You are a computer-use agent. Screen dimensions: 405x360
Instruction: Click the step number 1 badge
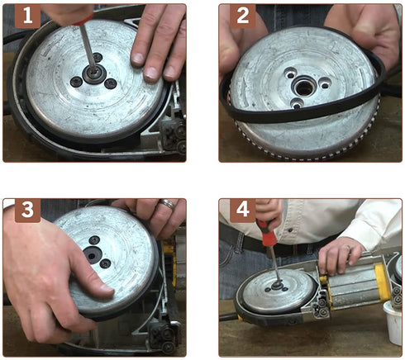point(27,16)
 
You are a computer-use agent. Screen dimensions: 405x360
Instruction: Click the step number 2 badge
point(243,16)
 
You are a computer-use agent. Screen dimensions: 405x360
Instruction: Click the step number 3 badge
point(27,211)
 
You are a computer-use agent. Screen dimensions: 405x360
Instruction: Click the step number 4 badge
point(243,211)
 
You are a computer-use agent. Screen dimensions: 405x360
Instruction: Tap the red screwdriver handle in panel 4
point(265,232)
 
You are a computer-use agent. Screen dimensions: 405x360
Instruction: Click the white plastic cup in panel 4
point(393,322)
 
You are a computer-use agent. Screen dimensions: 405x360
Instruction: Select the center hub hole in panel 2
point(304,88)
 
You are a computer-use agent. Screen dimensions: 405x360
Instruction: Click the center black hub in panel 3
point(92,254)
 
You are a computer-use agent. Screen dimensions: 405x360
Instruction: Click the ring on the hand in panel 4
point(349,249)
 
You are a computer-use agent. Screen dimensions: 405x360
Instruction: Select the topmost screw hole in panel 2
point(289,74)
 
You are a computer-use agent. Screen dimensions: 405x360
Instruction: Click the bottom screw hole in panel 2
point(297,105)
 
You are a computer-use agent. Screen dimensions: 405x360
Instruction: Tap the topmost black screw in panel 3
point(94,240)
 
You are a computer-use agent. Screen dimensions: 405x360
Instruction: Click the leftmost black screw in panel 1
point(76,82)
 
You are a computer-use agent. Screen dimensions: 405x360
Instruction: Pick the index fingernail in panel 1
point(137,59)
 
